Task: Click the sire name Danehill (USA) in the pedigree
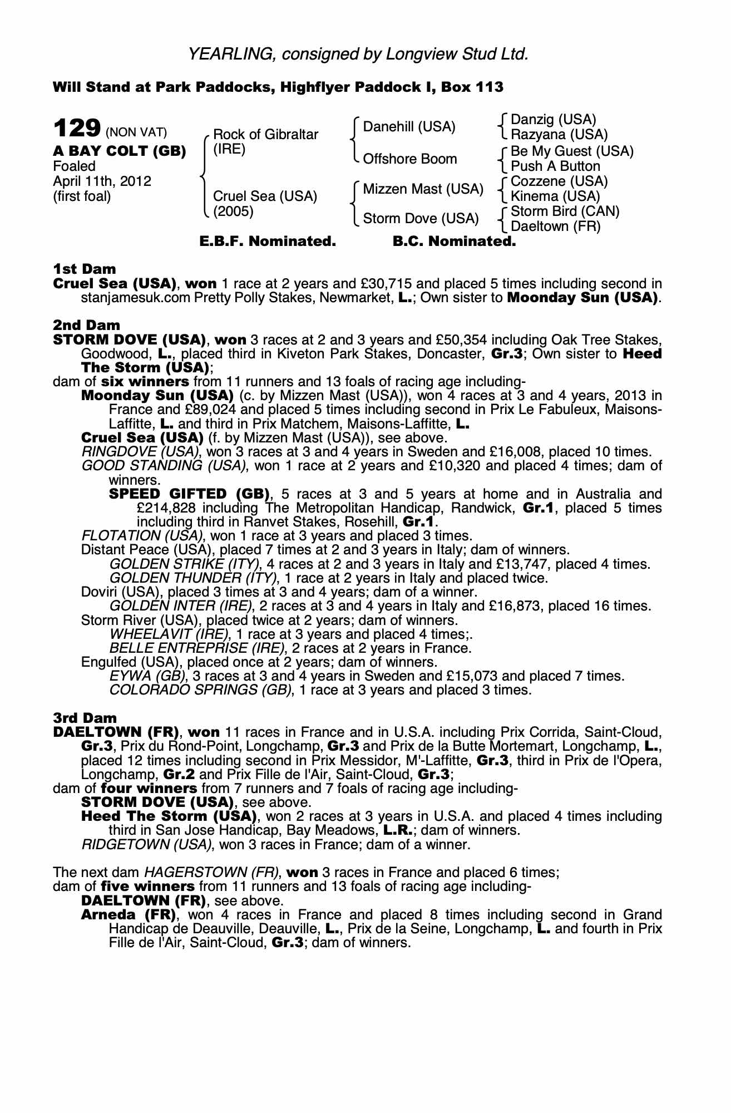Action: [x=409, y=127]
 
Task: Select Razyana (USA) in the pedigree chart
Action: [x=559, y=135]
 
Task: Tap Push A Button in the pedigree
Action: [x=555, y=166]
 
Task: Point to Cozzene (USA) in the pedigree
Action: [x=559, y=181]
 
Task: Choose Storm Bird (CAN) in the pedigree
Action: [x=565, y=211]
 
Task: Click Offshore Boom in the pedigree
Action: [x=410, y=159]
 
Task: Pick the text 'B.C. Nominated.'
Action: [x=454, y=242]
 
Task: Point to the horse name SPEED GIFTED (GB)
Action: [x=190, y=494]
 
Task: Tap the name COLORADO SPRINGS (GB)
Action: [x=201, y=690]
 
